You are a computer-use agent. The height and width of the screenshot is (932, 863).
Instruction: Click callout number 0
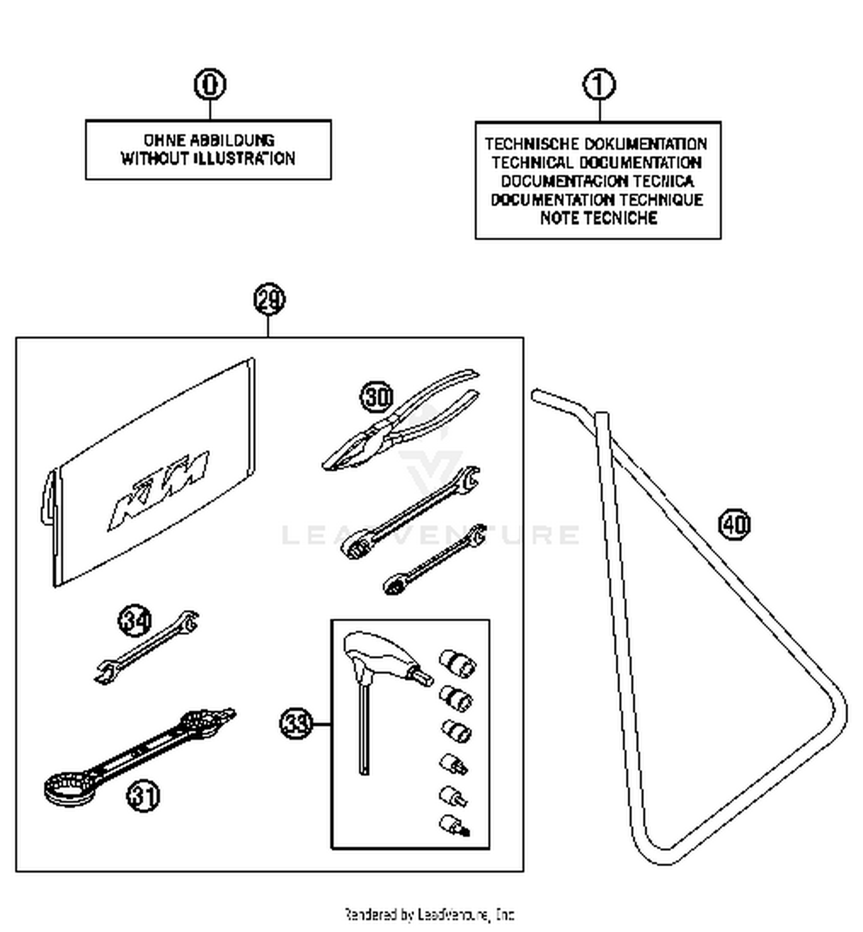click(210, 85)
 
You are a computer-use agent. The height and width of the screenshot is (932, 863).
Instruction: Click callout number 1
click(599, 85)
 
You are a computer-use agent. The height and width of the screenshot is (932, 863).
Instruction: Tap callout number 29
click(269, 300)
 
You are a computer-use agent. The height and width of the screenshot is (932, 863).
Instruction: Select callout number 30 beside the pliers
click(377, 397)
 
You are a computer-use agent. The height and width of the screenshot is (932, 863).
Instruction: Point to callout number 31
click(143, 796)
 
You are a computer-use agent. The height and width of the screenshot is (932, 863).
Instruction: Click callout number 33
click(296, 723)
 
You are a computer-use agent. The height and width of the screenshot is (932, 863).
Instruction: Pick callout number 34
click(135, 621)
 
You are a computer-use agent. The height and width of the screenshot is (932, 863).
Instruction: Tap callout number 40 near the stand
click(734, 524)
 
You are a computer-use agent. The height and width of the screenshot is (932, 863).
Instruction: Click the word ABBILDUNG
click(232, 140)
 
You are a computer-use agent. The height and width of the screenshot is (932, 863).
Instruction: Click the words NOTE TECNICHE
click(598, 218)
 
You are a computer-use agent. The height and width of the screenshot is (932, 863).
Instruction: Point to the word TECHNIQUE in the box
click(661, 200)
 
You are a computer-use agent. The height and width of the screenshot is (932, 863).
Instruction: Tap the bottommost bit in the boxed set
click(454, 826)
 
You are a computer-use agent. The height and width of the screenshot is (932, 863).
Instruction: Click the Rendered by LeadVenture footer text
click(429, 914)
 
